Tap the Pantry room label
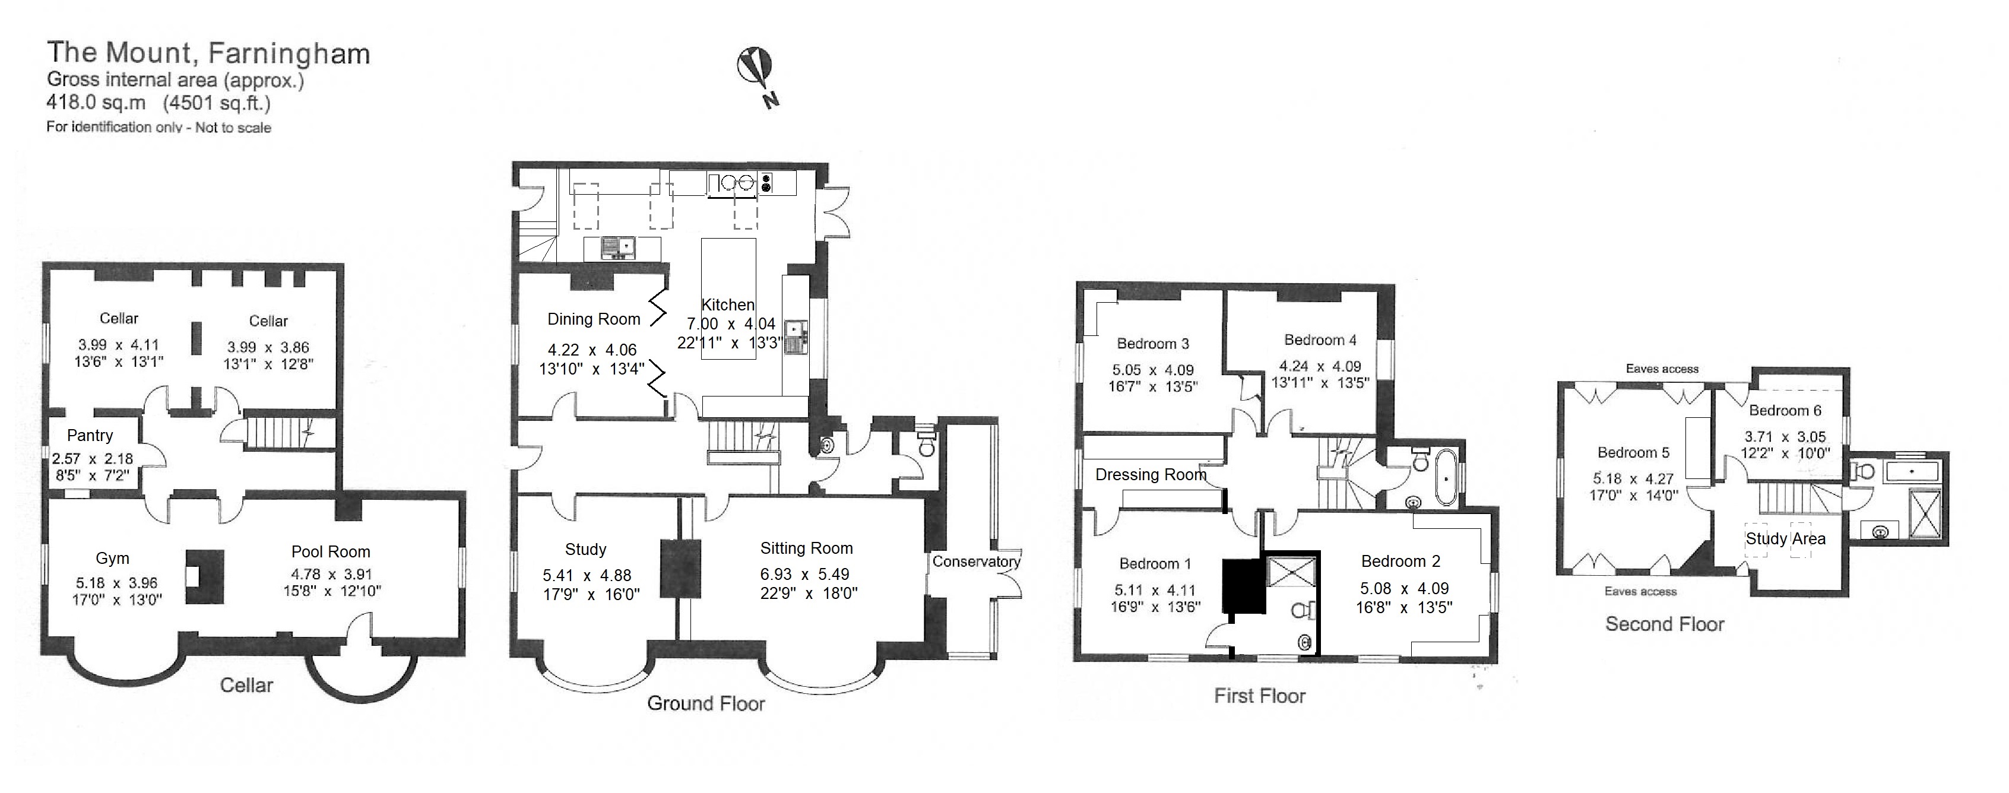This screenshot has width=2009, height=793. click(90, 435)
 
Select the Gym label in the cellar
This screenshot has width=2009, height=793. click(112, 559)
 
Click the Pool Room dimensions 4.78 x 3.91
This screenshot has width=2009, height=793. click(331, 573)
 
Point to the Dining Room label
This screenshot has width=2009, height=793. click(594, 319)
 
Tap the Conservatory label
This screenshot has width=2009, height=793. click(975, 562)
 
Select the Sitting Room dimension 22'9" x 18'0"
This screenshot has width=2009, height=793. click(809, 592)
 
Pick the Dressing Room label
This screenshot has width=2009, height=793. click(1151, 475)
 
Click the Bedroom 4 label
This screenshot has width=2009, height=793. click(1320, 340)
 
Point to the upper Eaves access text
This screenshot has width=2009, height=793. click(1662, 369)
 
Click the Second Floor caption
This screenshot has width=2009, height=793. click(1664, 624)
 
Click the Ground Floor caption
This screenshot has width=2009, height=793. click(706, 703)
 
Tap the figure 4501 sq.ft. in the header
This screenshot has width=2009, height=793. click(216, 103)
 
